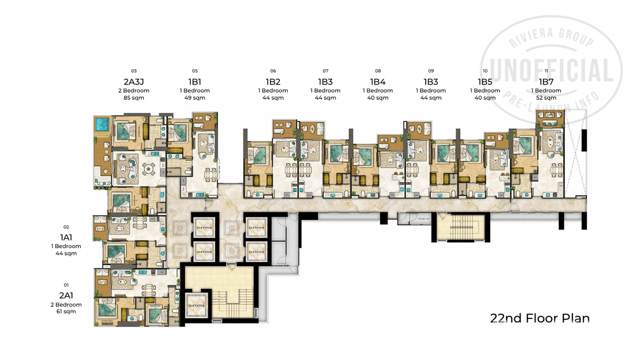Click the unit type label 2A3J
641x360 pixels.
pyautogui.click(x=134, y=81)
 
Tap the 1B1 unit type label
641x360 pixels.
pyautogui.click(x=195, y=81)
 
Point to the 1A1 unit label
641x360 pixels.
pyautogui.click(x=66, y=237)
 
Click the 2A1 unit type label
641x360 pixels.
pyautogui.click(x=66, y=295)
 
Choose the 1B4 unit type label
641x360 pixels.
pyautogui.click(x=377, y=81)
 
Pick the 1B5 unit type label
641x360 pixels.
pyautogui.click(x=485, y=81)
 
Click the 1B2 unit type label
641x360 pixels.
pyautogui.click(x=273, y=81)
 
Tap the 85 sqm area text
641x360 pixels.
pyautogui.click(x=134, y=98)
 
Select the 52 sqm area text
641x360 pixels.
pyautogui.click(x=546, y=98)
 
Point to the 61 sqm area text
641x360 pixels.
pyautogui.click(x=66, y=312)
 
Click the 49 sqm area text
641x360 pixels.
pyautogui.click(x=195, y=98)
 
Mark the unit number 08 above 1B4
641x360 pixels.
pyautogui.click(x=378, y=71)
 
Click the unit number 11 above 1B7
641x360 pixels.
pyautogui.click(x=546, y=71)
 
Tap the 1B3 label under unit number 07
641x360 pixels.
pyautogui.click(x=325, y=81)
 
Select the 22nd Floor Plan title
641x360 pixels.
pyautogui.click(x=540, y=318)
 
